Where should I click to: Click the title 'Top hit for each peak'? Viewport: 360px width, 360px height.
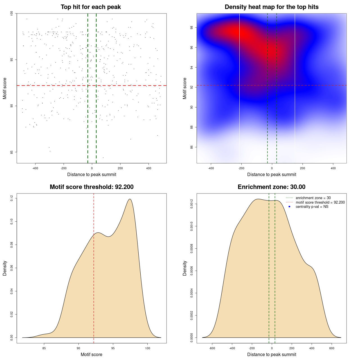[x=91, y=7]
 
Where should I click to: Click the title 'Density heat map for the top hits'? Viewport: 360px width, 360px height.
[x=271, y=7]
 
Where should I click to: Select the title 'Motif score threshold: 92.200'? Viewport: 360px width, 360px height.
[x=91, y=187]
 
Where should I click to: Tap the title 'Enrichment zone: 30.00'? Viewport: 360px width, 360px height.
[x=271, y=187]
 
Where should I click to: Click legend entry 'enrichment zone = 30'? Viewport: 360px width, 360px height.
[x=313, y=198]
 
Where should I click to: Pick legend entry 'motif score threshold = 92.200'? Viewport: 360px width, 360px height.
[x=320, y=202]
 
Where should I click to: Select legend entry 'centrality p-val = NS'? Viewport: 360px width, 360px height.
[x=312, y=207]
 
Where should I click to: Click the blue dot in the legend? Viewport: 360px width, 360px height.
[x=289, y=207]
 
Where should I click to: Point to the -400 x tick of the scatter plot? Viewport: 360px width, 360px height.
[x=35, y=168]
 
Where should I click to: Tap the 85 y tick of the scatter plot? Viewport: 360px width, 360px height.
[x=12, y=152]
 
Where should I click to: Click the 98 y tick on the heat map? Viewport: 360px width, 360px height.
[x=192, y=28]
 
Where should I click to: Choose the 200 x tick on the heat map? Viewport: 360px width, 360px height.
[x=302, y=168]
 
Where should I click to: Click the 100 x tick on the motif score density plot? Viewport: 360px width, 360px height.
[x=148, y=348]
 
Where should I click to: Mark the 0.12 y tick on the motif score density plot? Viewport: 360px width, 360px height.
[x=12, y=199]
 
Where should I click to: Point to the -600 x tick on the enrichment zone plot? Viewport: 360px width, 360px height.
[x=212, y=348]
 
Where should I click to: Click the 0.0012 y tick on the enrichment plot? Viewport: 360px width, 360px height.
[x=192, y=204]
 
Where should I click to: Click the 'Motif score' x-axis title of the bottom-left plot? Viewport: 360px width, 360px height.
[x=91, y=354]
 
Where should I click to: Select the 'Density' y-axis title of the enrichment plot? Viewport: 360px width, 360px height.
[x=185, y=268]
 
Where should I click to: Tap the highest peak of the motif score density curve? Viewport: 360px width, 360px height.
[x=130, y=199]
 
